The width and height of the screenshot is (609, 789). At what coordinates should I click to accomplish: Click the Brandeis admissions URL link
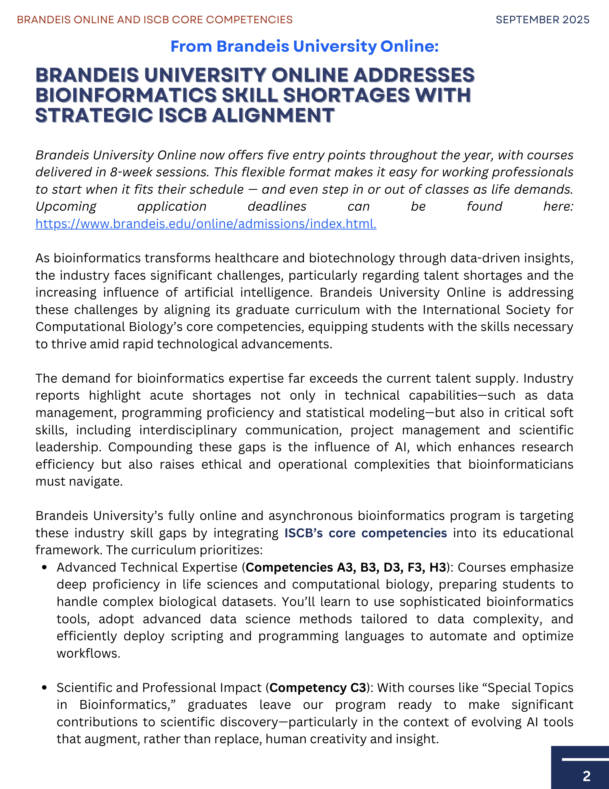click(206, 224)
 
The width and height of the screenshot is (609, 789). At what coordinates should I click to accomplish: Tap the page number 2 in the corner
click(587, 776)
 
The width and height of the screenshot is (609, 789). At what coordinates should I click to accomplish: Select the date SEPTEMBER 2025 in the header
click(542, 20)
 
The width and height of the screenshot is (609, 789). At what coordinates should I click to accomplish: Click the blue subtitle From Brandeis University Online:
click(304, 47)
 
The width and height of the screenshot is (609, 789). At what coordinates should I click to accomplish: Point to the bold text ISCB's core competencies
click(365, 533)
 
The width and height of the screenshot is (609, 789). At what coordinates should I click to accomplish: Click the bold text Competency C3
click(318, 688)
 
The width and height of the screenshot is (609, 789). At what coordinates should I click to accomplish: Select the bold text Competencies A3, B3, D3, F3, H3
click(345, 567)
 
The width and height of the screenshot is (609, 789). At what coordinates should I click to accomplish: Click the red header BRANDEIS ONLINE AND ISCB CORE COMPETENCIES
click(155, 20)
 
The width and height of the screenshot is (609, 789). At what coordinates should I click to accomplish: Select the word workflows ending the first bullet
click(88, 653)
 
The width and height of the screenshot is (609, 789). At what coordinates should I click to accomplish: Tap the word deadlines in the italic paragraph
click(277, 206)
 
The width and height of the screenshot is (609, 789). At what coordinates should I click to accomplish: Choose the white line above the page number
click(585, 759)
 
